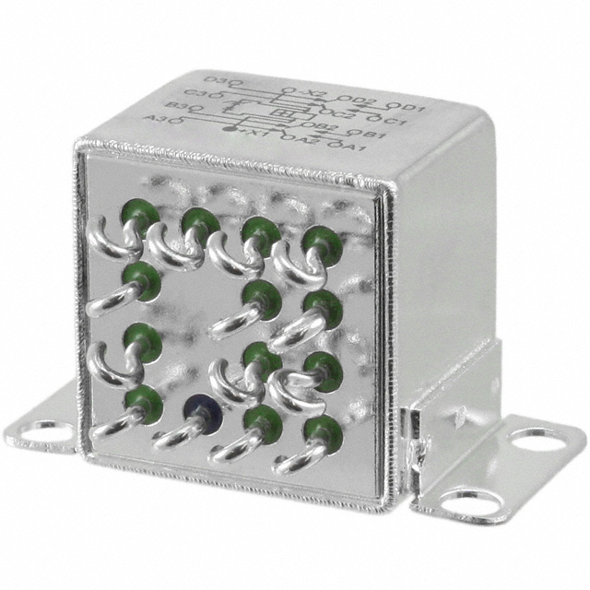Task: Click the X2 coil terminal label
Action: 315,93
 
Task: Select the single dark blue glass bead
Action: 196,407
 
